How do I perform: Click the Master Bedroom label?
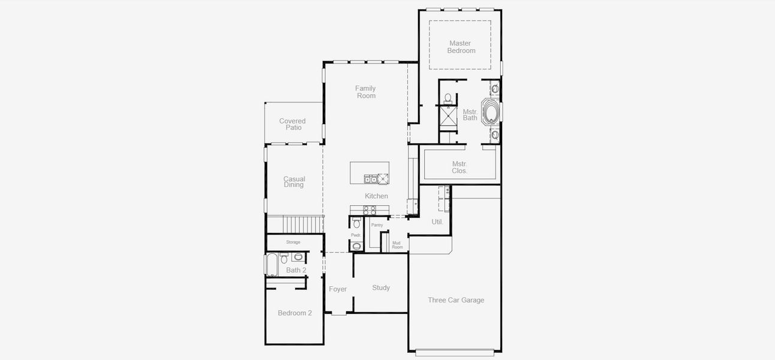(461, 47)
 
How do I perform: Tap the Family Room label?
(365, 92)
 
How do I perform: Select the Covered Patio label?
(292, 124)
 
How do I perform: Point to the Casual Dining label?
(294, 182)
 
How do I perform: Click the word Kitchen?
(376, 196)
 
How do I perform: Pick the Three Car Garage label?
(456, 300)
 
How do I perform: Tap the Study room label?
(381, 288)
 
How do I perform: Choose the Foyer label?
(338, 289)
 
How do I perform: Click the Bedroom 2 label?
(295, 313)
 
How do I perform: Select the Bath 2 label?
(296, 270)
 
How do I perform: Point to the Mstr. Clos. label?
(459, 167)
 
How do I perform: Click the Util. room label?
(437, 222)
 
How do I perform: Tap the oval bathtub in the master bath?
(491, 113)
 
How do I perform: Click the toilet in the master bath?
(448, 98)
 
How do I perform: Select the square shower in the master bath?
(448, 116)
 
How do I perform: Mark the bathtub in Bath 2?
(271, 264)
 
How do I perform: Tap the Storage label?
(293, 242)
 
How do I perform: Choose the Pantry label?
(377, 225)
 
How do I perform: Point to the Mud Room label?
(397, 245)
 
